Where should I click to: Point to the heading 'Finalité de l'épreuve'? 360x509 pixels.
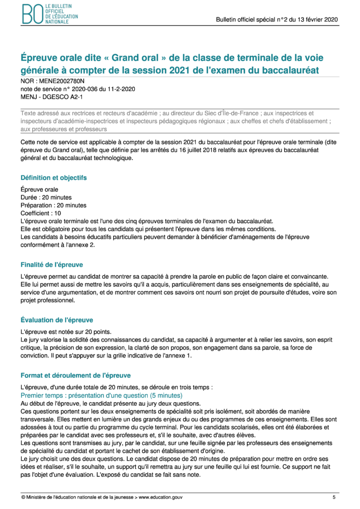pyautogui.click(x=52, y=264)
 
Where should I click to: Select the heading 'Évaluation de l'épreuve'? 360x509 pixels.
pyautogui.click(x=57, y=320)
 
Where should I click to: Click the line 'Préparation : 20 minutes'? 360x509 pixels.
pyautogui.click(x=53, y=205)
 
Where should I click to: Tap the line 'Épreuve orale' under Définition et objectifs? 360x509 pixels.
pyautogui.click(x=39, y=189)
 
